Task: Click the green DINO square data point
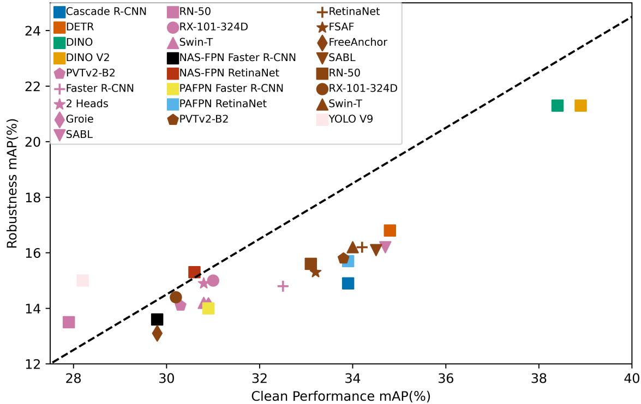[557, 105]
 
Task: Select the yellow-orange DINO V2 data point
[580, 105]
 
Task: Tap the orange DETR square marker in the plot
[390, 231]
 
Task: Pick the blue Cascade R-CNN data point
[348, 283]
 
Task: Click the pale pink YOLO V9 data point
[82, 280]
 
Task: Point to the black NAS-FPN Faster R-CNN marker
[157, 319]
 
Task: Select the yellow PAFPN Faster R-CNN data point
[208, 308]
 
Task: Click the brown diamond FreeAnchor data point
[157, 333]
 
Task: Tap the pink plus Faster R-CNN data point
[283, 286]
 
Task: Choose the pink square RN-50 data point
[69, 322]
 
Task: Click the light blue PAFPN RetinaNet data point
[348, 261]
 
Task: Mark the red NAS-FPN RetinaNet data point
[194, 272]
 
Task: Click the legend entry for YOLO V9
[351, 118]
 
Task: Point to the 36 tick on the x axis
[446, 376]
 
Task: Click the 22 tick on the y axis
[35, 86]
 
